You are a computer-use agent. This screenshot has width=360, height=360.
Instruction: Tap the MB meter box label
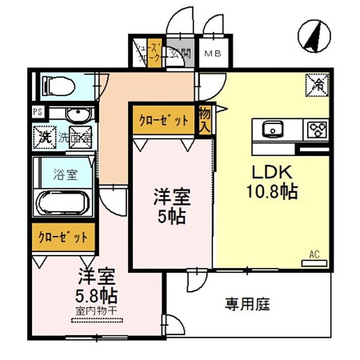pos(213,53)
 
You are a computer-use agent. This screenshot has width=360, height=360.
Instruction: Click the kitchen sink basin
pos(272,130)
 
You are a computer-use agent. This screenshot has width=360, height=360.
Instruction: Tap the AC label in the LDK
pos(315,254)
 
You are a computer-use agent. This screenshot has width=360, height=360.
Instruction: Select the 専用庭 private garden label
pos(247,304)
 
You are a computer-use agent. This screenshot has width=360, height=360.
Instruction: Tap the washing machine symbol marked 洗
pos(45,137)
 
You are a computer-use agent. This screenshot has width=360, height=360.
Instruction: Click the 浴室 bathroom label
pos(65,174)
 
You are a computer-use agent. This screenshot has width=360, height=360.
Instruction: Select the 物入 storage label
pos(205,120)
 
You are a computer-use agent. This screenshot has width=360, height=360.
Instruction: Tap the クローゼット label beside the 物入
pos(164,121)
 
